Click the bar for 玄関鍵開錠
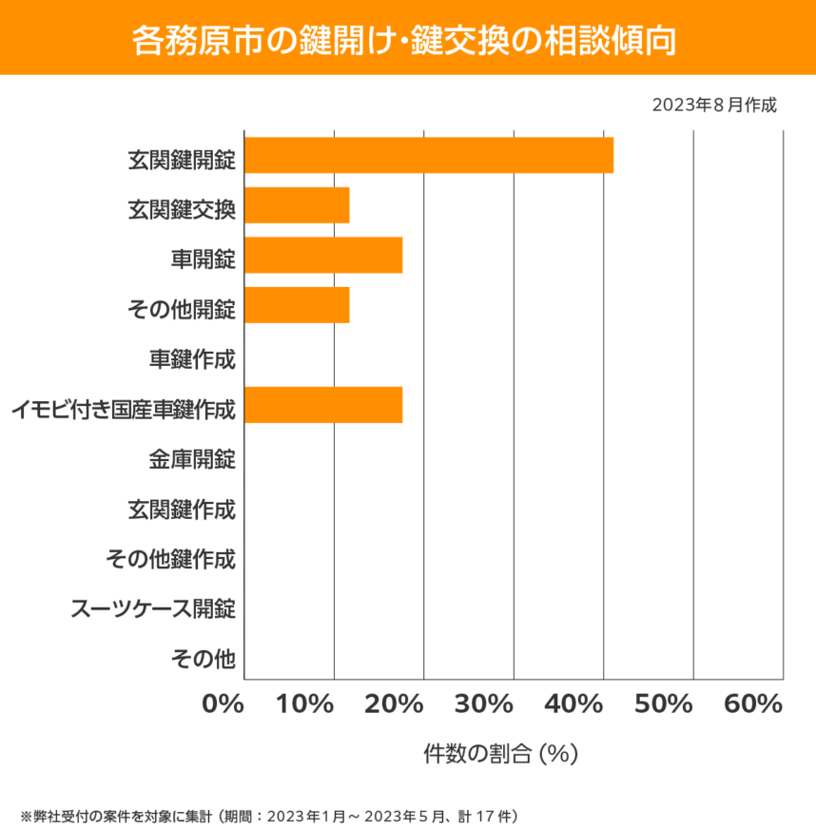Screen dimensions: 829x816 coord(429,155)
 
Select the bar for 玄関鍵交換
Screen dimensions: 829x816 coord(297,205)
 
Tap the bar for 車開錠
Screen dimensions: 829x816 coord(323,256)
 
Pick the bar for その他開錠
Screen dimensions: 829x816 coord(297,306)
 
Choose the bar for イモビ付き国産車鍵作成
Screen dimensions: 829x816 coord(323,406)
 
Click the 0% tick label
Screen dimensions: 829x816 coord(223,704)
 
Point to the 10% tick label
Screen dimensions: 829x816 coord(306,704)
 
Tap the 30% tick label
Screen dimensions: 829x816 coord(485,704)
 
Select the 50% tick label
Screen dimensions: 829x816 coord(664,704)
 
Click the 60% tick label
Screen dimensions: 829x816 coord(752,704)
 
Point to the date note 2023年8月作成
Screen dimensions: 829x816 coord(714,105)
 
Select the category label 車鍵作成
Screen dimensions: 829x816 coord(192,359)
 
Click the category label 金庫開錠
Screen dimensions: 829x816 coord(192,459)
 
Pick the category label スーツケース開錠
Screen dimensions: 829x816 coord(153,607)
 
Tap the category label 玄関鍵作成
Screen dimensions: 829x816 coord(182,510)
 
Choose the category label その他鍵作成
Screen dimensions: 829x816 coord(171,559)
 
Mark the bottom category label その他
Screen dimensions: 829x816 coord(203,658)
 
